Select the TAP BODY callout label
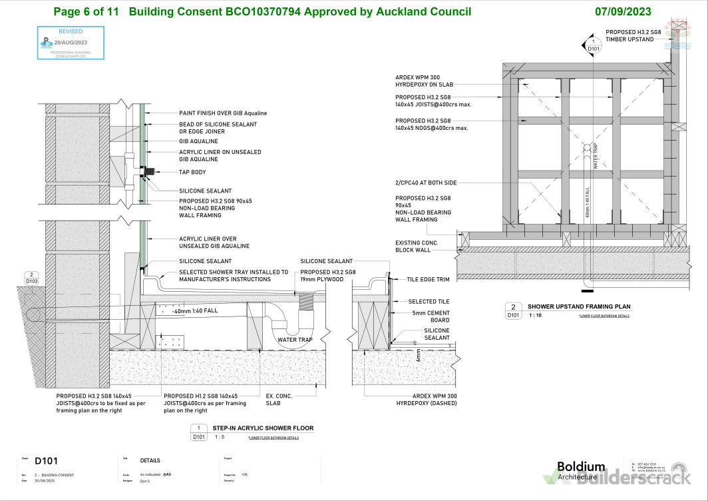coord(192,173)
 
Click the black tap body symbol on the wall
coord(150,173)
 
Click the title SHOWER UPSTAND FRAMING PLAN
coord(578,306)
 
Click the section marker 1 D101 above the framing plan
coord(593,45)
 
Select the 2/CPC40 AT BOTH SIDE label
coord(426,183)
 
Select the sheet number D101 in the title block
coord(47,460)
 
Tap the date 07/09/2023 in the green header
coord(623,12)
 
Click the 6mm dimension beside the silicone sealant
coord(419,354)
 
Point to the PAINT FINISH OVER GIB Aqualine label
coord(223,113)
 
